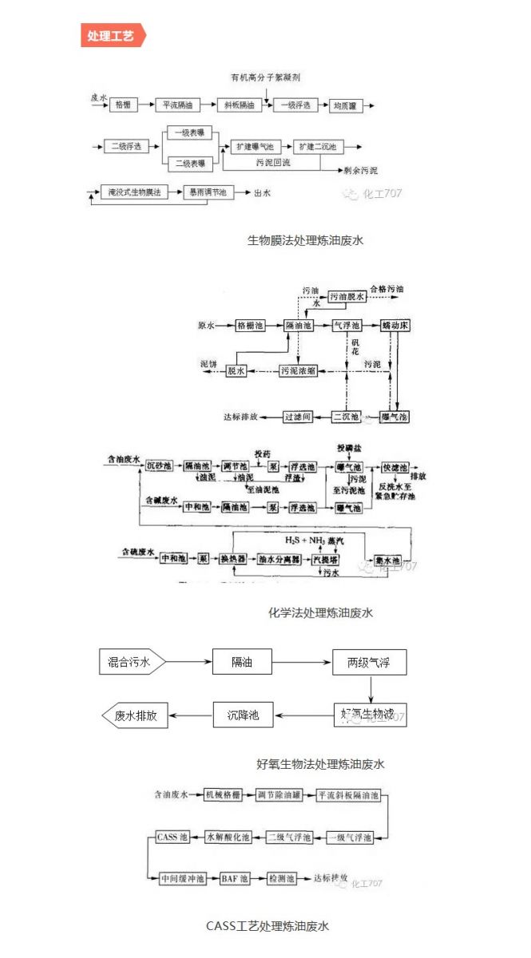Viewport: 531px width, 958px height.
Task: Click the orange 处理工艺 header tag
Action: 113,36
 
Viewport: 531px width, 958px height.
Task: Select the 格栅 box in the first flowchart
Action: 123,105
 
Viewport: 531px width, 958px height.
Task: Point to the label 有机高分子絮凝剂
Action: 265,77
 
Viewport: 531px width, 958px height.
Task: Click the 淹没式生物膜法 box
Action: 135,192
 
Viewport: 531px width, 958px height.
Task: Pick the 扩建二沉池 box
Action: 317,147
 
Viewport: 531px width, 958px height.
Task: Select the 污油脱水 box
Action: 348,296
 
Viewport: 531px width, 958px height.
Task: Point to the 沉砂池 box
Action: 160,465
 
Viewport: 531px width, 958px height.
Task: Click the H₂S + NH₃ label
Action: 295,541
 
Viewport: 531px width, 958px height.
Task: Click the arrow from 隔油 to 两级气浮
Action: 302,661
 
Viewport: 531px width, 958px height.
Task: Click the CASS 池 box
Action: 172,837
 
